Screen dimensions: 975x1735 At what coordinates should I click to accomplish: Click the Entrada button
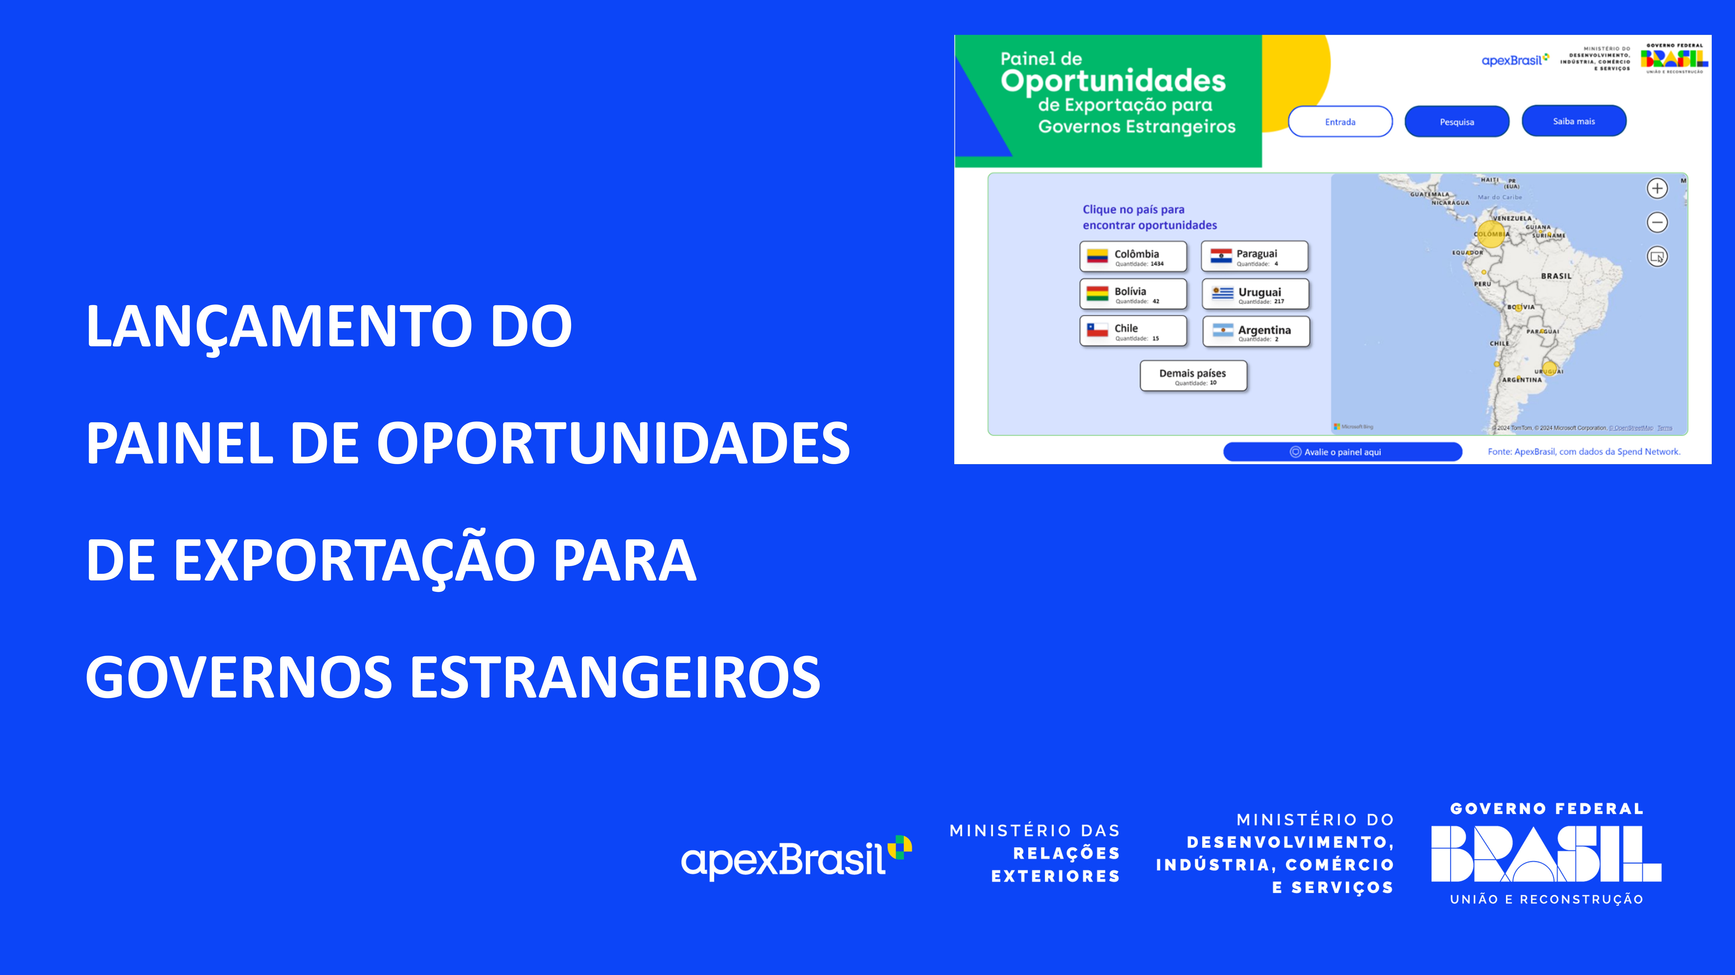click(1340, 122)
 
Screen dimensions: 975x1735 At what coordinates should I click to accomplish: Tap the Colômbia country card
click(1133, 257)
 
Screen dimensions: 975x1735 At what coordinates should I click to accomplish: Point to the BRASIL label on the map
click(1556, 276)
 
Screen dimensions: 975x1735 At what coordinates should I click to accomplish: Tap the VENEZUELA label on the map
click(1512, 218)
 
